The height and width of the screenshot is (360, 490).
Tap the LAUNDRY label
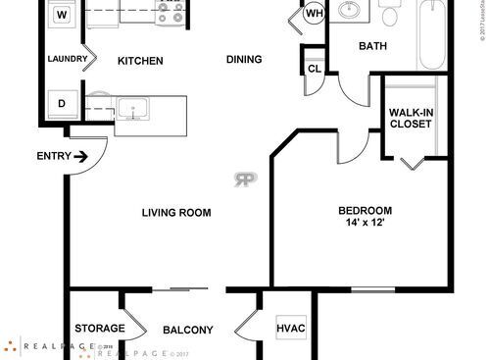click(x=68, y=60)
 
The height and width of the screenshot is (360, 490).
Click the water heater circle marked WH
click(x=315, y=15)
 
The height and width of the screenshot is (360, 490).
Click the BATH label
click(x=372, y=46)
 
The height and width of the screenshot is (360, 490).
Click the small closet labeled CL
click(x=315, y=69)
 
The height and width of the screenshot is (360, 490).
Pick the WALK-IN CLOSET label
click(x=412, y=119)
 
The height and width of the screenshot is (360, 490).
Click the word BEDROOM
click(x=366, y=210)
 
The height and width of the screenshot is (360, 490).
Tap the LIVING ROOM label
click(x=177, y=213)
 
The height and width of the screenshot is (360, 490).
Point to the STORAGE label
click(x=99, y=329)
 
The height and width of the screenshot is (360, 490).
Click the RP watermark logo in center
click(x=243, y=179)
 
